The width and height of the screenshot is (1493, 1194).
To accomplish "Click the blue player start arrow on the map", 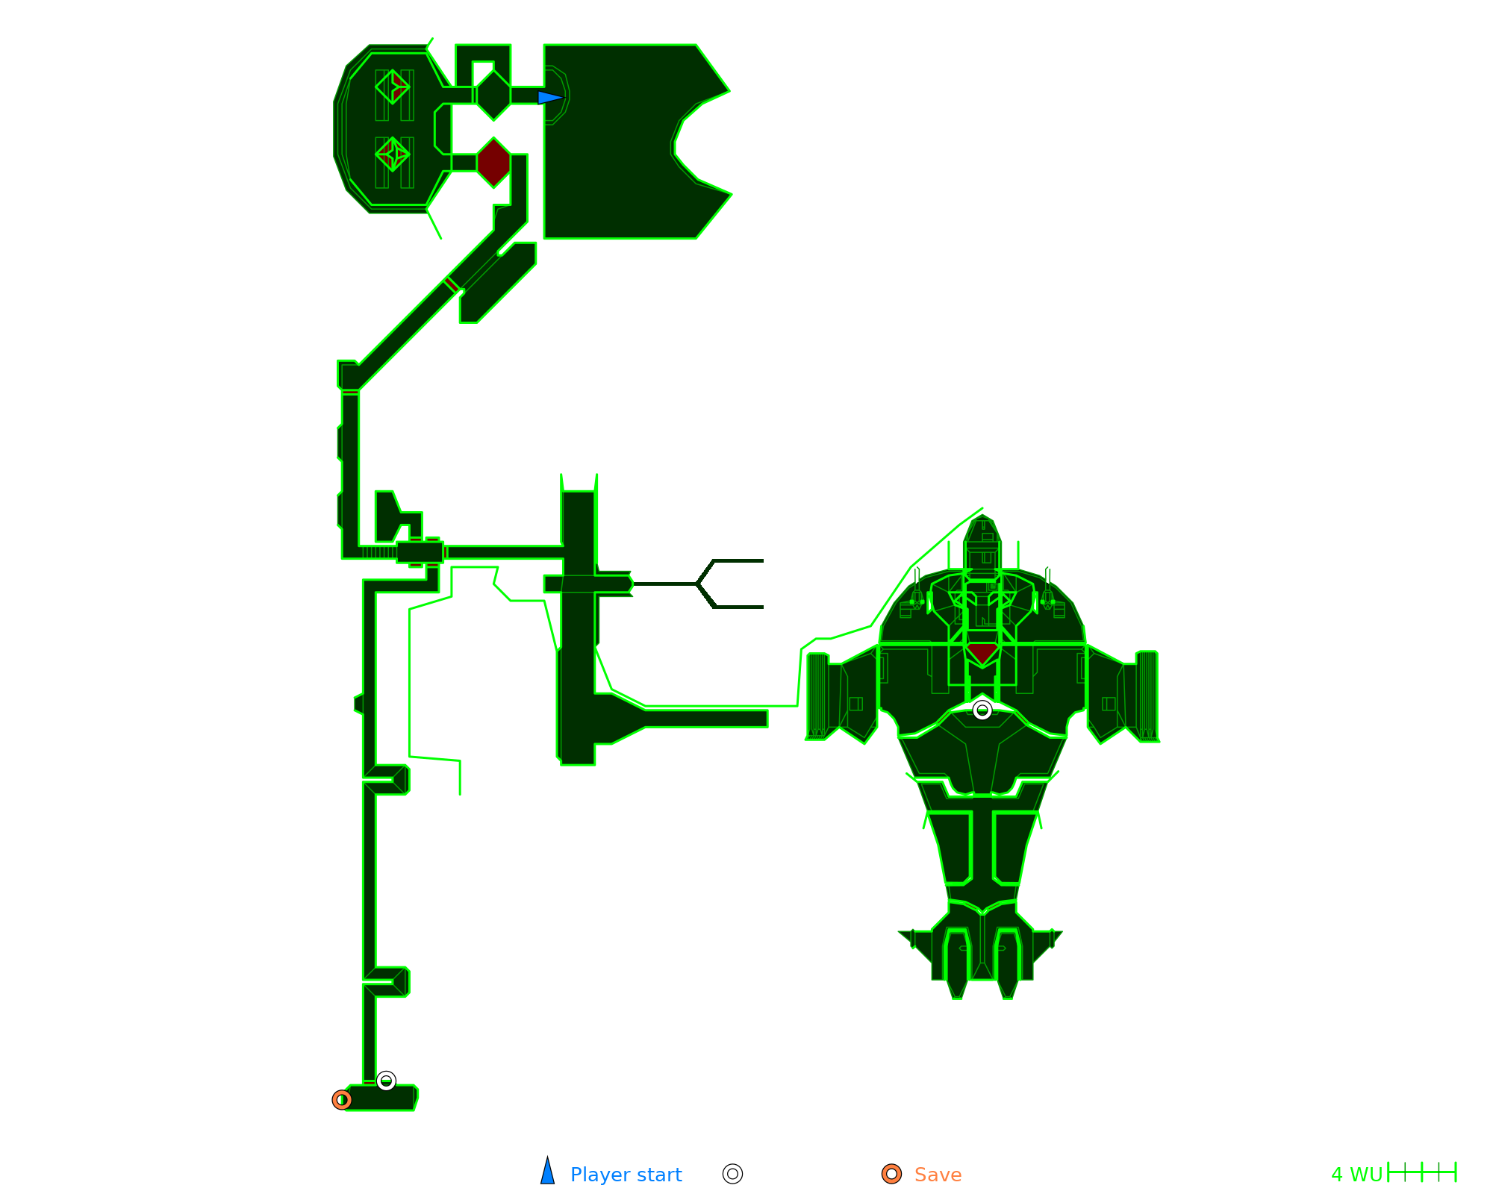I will (x=549, y=98).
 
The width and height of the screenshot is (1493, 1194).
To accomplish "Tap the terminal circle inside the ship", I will (x=982, y=710).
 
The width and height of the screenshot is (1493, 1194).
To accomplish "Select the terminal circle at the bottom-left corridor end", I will (x=386, y=1081).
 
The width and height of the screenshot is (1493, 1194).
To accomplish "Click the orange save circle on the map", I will (x=342, y=1100).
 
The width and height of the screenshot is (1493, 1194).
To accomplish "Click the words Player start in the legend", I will (x=626, y=1175).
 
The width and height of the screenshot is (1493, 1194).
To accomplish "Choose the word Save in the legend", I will (x=938, y=1175).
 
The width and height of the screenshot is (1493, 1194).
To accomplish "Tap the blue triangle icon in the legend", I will (x=548, y=1172).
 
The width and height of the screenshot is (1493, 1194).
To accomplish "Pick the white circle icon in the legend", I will (x=733, y=1174).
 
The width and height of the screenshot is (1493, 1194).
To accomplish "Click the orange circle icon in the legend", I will (x=891, y=1174).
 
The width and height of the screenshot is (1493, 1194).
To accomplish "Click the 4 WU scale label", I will (x=1356, y=1175).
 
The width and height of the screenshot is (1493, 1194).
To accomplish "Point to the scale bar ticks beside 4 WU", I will (x=1422, y=1172).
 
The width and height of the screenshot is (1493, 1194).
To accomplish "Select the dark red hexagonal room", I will (x=493, y=163).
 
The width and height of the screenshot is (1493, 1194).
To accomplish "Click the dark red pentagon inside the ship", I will (x=982, y=653).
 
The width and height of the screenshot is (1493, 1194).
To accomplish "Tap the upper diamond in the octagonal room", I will (x=393, y=87).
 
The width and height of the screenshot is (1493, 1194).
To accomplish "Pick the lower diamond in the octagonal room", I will (x=393, y=154).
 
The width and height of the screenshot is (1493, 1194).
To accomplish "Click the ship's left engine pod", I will (x=818, y=696).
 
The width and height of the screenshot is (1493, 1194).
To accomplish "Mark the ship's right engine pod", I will (x=1147, y=696).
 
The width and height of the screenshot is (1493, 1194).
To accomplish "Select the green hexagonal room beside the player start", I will (x=493, y=95).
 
